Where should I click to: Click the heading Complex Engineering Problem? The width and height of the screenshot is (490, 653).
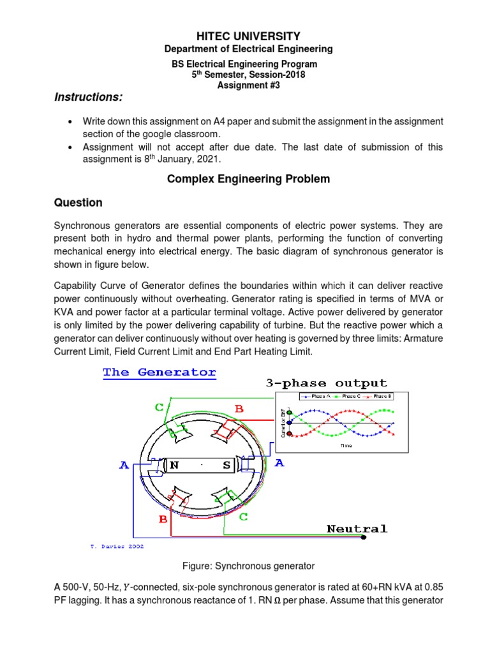coord(248,179)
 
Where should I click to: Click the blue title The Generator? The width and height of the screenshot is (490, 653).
coord(160,372)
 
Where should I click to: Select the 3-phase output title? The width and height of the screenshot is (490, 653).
coord(326,383)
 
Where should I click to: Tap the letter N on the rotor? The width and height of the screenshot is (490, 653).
coord(174,466)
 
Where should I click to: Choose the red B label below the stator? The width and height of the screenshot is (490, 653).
coord(163,519)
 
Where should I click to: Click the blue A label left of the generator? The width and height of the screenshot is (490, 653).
coord(125,466)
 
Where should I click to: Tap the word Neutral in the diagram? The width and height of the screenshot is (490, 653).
coord(357,529)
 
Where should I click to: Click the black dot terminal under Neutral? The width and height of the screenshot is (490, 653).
coord(364,538)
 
